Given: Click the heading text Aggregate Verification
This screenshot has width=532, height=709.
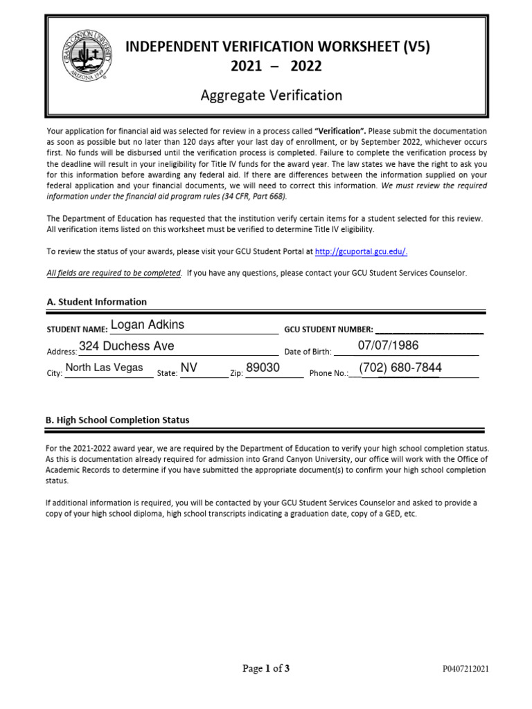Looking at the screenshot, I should tap(272, 95).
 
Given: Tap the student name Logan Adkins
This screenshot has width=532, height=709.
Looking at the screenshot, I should tap(148, 325).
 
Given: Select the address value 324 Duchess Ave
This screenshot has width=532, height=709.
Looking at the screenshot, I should tap(127, 346).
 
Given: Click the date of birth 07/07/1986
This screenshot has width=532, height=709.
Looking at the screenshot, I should tap(388, 345).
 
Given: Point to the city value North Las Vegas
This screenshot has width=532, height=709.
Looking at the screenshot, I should tap(104, 368).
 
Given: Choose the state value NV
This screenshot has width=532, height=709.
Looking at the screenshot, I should tap(189, 368).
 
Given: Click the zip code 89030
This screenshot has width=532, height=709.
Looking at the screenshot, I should tap(263, 368).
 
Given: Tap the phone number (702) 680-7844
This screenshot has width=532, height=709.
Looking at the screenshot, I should tap(400, 368).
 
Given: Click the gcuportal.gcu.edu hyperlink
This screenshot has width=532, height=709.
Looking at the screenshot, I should tap(366, 252).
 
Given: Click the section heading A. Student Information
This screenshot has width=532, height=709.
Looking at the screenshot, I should tap(96, 302).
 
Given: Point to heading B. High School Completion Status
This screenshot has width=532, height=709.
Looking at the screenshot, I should tap(117, 420).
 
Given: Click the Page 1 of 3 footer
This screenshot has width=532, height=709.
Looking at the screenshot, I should tap(266, 668).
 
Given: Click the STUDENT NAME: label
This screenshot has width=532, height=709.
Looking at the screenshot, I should tap(77, 330).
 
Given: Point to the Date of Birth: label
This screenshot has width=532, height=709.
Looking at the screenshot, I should tap(308, 352).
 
